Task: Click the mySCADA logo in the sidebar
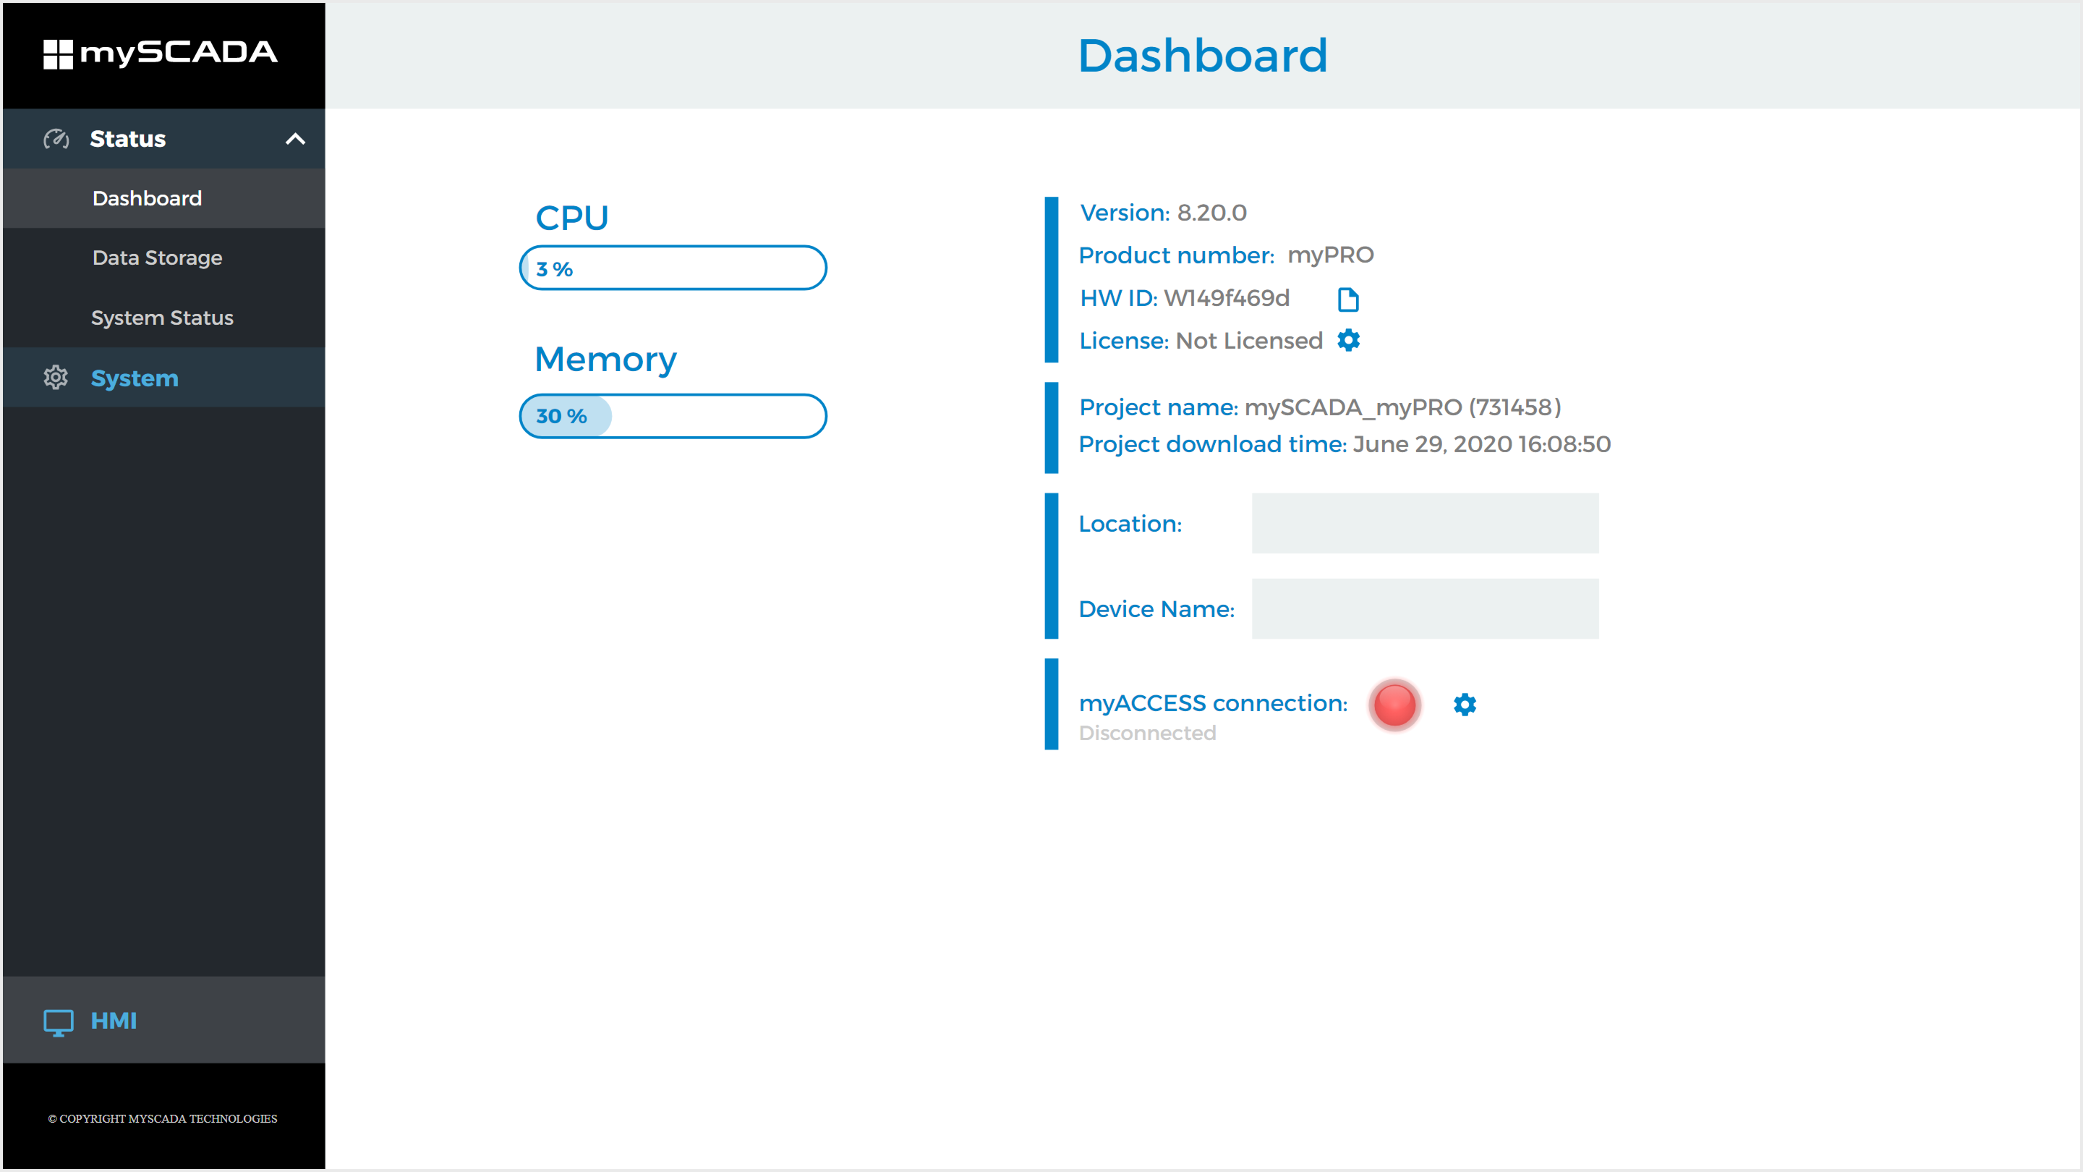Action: click(160, 54)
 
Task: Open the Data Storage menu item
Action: click(158, 258)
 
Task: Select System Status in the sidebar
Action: click(163, 318)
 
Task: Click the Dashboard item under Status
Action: click(147, 198)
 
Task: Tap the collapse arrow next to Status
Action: click(295, 139)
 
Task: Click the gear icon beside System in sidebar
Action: click(56, 378)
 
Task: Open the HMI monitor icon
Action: click(58, 1022)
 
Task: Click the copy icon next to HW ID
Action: click(1348, 300)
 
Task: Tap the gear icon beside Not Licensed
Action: click(1349, 341)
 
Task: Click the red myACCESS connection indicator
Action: click(1395, 705)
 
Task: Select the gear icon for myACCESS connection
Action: click(1465, 705)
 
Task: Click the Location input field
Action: click(1425, 523)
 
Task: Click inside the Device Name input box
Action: click(1425, 609)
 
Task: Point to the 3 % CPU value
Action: click(555, 269)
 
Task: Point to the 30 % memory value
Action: click(561, 417)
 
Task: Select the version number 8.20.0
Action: click(1211, 213)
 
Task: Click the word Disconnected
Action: click(1147, 733)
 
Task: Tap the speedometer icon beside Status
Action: click(56, 139)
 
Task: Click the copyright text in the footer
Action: click(163, 1118)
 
